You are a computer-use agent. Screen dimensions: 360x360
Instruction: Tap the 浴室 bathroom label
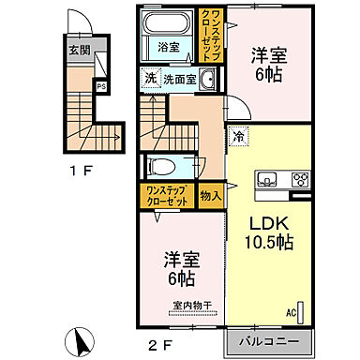tap(169, 46)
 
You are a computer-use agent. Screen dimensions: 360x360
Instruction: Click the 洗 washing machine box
tap(149, 80)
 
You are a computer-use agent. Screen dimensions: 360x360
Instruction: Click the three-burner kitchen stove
tap(302, 180)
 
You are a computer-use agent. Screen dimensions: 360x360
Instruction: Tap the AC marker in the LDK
tap(292, 312)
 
